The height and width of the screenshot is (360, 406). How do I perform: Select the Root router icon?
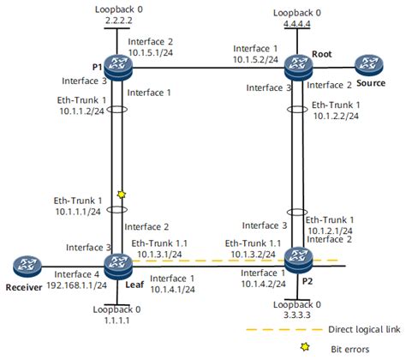[x=296, y=65]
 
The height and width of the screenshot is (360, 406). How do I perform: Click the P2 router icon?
[x=296, y=257]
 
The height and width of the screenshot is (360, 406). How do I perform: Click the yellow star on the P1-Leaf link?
[x=122, y=196]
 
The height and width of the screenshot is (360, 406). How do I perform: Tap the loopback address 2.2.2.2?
[x=113, y=18]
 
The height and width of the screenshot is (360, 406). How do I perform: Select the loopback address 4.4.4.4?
[x=296, y=25]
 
